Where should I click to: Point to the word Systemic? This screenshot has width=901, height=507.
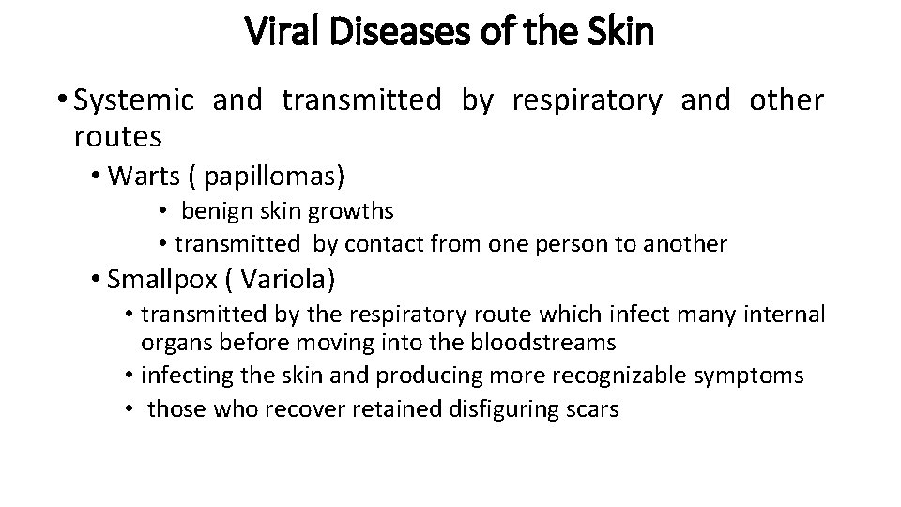(134, 100)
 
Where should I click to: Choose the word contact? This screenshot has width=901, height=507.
(384, 244)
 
